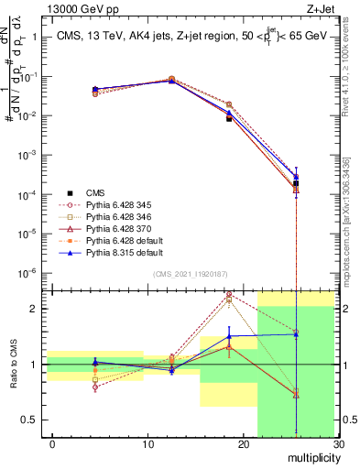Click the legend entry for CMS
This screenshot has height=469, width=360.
(95, 192)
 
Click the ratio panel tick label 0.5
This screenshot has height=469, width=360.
(27, 420)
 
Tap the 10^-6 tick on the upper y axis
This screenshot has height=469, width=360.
(27, 273)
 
